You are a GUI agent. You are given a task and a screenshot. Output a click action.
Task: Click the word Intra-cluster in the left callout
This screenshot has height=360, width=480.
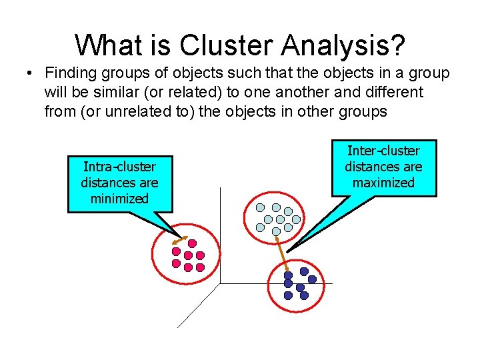pyautogui.click(x=120, y=167)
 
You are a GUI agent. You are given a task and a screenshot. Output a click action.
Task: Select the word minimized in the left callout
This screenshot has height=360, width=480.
pyautogui.click(x=120, y=198)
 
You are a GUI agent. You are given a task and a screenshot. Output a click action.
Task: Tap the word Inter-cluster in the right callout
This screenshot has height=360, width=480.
pyautogui.click(x=383, y=151)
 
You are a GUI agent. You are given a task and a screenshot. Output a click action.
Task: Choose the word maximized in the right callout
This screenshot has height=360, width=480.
pyautogui.click(x=383, y=182)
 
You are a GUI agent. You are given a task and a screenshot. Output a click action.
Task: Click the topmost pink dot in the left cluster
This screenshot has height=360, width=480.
pyautogui.click(x=192, y=243)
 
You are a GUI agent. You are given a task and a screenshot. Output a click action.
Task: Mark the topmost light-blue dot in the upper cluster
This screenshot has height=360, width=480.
pyautogui.click(x=276, y=207)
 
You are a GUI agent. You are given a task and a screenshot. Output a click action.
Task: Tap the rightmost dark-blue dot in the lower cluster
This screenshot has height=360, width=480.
pyautogui.click(x=312, y=279)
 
